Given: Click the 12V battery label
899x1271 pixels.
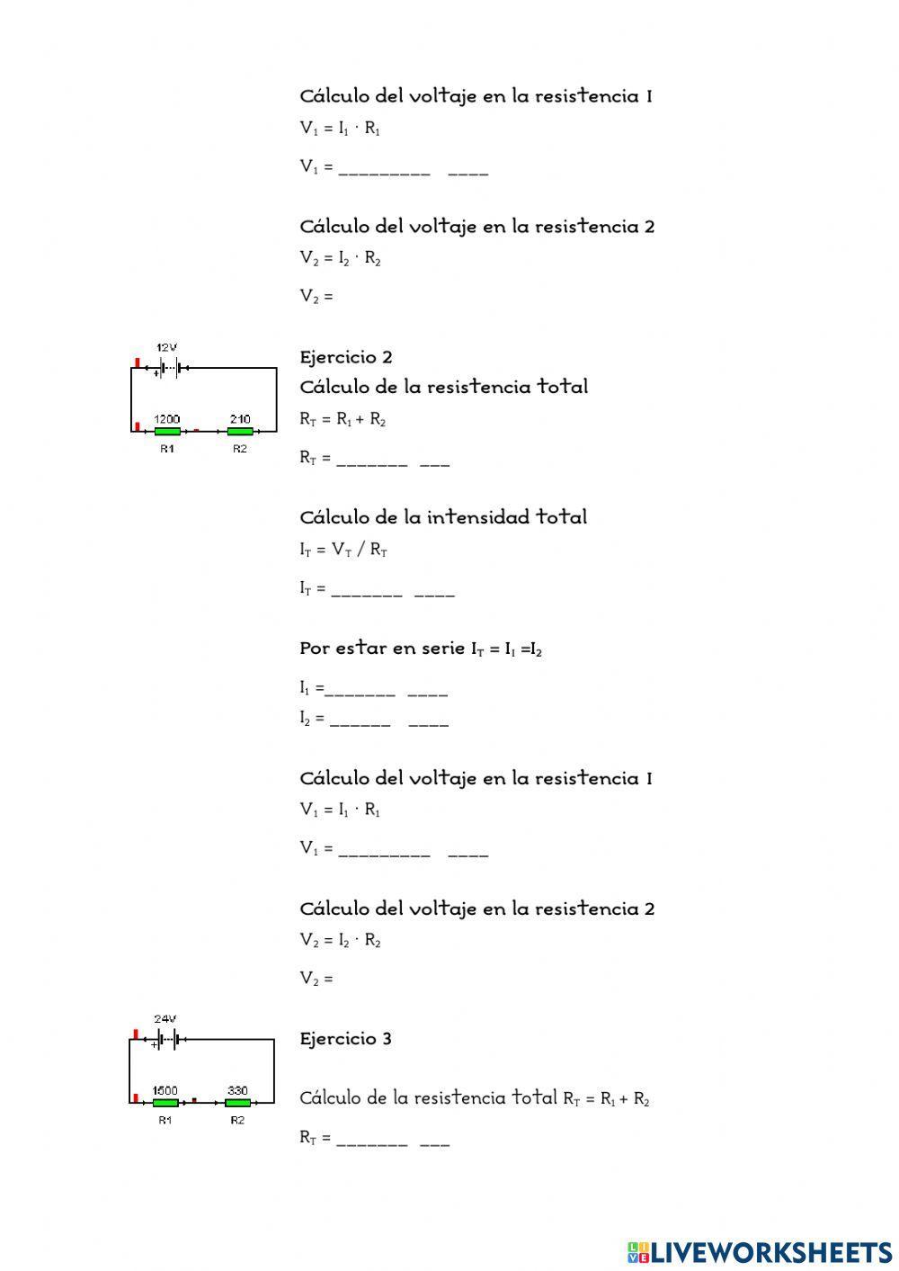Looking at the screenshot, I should [x=167, y=347].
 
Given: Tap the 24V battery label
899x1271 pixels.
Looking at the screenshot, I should [x=165, y=1019].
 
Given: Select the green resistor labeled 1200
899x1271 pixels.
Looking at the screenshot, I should [x=167, y=432].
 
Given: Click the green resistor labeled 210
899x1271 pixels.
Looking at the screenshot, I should [x=239, y=432].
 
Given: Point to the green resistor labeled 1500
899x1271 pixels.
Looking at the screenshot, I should [x=165, y=1103].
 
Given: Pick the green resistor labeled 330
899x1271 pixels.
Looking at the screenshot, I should [x=237, y=1103].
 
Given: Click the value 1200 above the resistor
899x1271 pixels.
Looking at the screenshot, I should [x=167, y=419].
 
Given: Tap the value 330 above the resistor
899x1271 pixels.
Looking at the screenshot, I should [x=237, y=1090].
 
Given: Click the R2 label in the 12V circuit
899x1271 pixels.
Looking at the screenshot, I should [x=239, y=449].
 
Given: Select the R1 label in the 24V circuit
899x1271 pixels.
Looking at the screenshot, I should [x=165, y=1120].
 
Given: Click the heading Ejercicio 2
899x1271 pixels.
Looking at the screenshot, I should [x=346, y=357].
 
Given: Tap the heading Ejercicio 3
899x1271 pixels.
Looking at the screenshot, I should [x=346, y=1039].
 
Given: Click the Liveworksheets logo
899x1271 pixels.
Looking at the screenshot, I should [x=760, y=1251].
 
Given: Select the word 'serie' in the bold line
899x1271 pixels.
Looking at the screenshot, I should [x=441, y=648].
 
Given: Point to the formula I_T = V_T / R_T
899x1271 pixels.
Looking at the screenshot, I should [x=343, y=550].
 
